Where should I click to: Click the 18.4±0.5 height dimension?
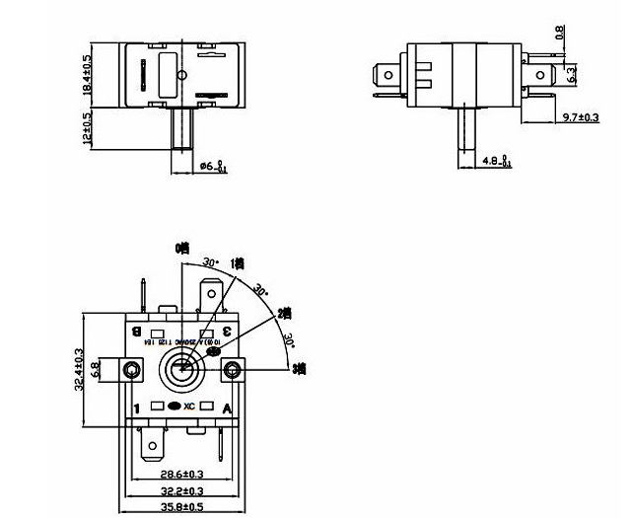(88, 74)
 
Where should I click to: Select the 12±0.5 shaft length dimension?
(88, 128)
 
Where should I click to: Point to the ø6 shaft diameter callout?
(214, 167)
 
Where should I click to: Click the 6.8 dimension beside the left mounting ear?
(95, 369)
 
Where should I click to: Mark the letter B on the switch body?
(135, 331)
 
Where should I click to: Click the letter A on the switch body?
(227, 407)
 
